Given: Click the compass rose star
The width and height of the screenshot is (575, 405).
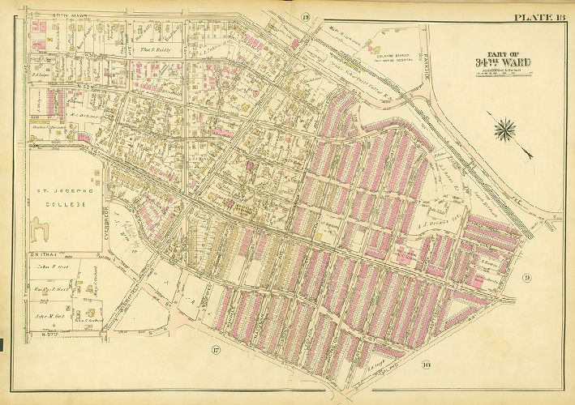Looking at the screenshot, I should tap(505, 128).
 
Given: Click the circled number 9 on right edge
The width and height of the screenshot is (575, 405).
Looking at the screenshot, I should tap(526, 279).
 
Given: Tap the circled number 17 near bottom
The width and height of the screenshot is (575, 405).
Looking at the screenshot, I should tap(216, 351).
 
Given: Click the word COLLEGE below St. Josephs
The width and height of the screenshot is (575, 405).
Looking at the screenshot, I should tap(58, 206).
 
